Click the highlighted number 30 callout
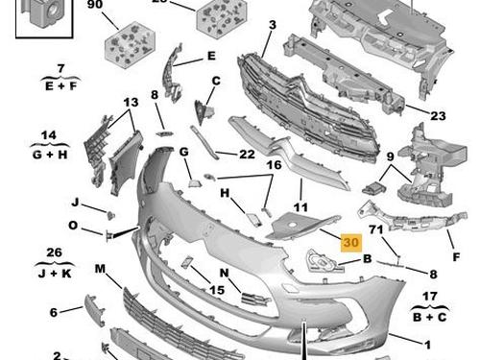click(x=351, y=242)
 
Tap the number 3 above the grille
click(x=273, y=25)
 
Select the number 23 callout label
click(x=438, y=115)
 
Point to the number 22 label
click(x=247, y=155)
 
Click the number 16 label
click(x=274, y=165)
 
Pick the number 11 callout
click(x=300, y=207)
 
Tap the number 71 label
click(x=376, y=229)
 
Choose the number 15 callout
click(x=217, y=290)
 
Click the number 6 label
click(x=54, y=312)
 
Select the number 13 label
click(x=131, y=103)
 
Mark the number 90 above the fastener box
click(x=95, y=5)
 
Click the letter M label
click(x=100, y=269)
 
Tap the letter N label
click(x=225, y=273)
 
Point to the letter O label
click(x=73, y=226)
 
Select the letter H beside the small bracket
click(x=225, y=193)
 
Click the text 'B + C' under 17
click(x=429, y=317)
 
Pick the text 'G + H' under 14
click(x=50, y=155)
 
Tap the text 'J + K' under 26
click(x=55, y=274)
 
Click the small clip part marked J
click(x=110, y=215)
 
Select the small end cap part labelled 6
click(x=94, y=310)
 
